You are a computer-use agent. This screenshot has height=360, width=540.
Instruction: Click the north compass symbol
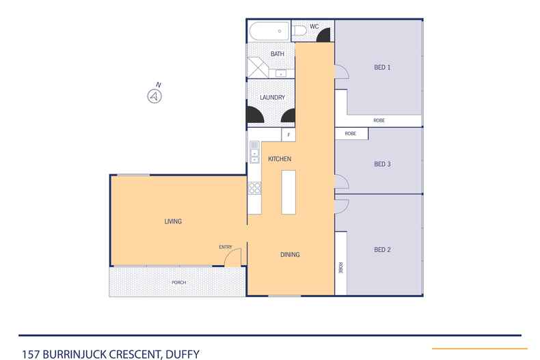[x=155, y=96]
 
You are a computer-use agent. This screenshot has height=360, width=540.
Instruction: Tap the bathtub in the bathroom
[x=269, y=31]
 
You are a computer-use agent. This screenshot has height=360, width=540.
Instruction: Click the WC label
[x=314, y=27]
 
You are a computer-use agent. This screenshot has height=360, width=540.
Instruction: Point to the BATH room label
[x=277, y=53]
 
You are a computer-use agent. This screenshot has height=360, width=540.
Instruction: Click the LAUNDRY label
[x=272, y=98]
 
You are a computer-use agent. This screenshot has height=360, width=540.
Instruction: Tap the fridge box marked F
[x=288, y=135]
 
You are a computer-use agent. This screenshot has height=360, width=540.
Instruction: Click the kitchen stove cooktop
[x=254, y=186]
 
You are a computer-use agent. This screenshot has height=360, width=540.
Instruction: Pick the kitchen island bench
[x=288, y=191]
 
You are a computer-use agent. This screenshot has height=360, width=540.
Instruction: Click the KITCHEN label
[x=280, y=159]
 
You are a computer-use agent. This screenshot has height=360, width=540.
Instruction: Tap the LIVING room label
[x=173, y=221]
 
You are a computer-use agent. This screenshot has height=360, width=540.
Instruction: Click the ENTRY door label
[x=225, y=247]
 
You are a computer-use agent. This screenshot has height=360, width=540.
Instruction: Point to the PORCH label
[x=179, y=282]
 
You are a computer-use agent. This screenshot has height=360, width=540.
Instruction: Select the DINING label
[x=290, y=255]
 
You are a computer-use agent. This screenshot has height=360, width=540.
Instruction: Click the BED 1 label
[x=382, y=67]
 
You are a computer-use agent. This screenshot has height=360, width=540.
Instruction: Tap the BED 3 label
[x=382, y=164]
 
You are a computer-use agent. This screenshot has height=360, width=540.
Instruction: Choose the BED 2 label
[x=382, y=250]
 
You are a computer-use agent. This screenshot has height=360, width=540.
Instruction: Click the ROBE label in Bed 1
[x=379, y=120]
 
